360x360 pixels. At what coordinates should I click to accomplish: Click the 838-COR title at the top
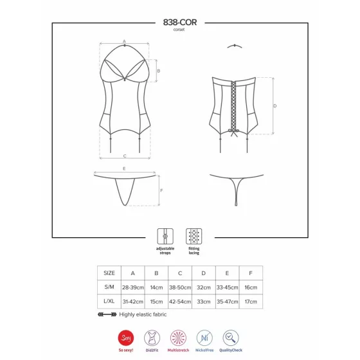180,22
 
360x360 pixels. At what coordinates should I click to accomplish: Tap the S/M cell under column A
133,287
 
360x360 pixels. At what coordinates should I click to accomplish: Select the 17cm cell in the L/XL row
251,301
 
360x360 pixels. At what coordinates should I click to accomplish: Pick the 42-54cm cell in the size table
180,301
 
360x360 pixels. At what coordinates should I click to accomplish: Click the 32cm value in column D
204,287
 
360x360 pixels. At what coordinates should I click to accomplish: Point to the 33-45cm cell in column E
228,287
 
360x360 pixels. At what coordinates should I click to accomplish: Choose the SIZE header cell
109,273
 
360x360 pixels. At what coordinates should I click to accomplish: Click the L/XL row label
109,301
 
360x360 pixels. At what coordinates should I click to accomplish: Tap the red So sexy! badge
126,337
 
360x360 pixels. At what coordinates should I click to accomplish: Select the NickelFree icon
204,337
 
